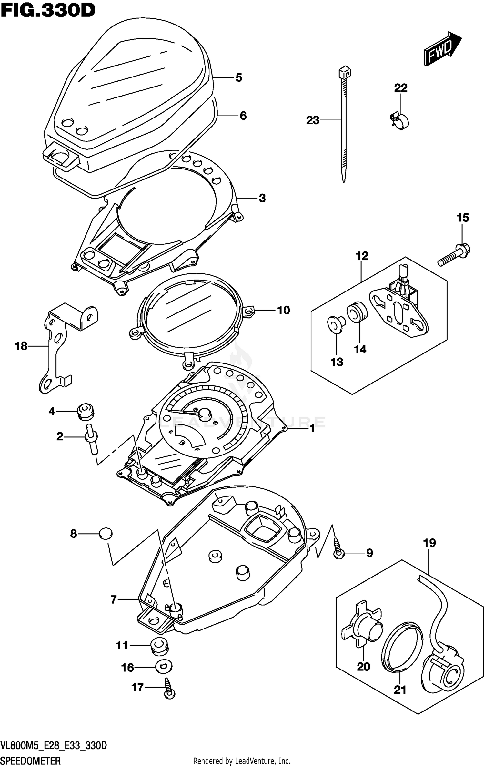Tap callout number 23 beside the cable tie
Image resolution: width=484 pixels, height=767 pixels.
312,120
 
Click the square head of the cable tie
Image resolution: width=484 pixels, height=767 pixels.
345,73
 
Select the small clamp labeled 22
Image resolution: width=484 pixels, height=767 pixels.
399,121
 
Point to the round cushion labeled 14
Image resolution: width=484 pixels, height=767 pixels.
357,312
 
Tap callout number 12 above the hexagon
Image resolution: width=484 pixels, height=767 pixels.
362,256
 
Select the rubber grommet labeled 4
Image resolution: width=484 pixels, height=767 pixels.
85,412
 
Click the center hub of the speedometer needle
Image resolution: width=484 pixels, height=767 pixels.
204,413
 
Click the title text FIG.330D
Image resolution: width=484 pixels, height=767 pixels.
48,10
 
